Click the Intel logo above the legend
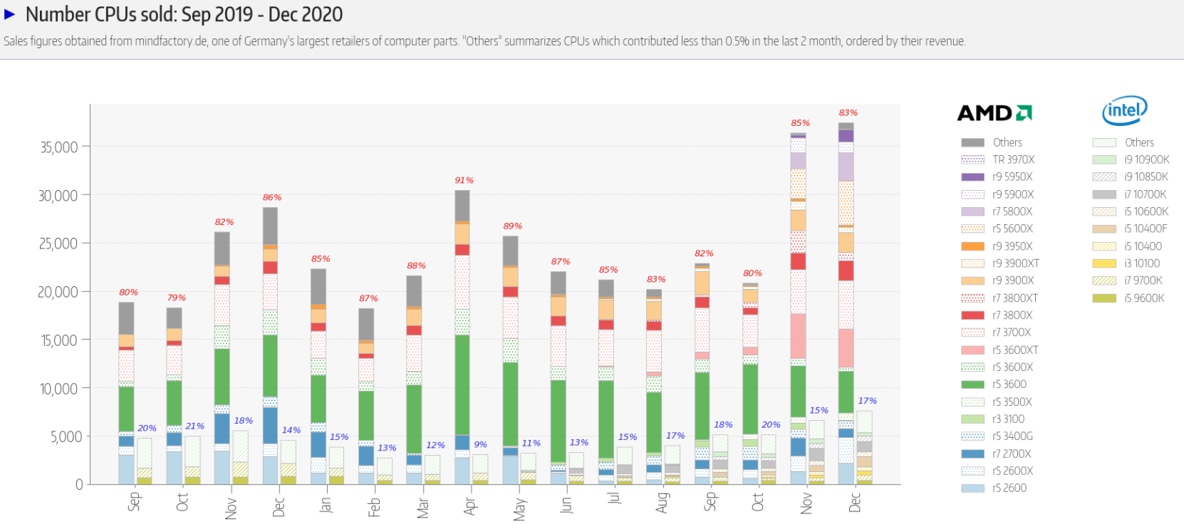click(1124, 110)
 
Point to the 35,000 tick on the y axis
click(58, 147)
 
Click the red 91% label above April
click(464, 180)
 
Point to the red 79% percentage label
click(176, 298)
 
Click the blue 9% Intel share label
click(481, 444)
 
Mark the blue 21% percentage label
click(195, 426)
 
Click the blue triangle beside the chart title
click(10, 14)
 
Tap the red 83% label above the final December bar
click(848, 112)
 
